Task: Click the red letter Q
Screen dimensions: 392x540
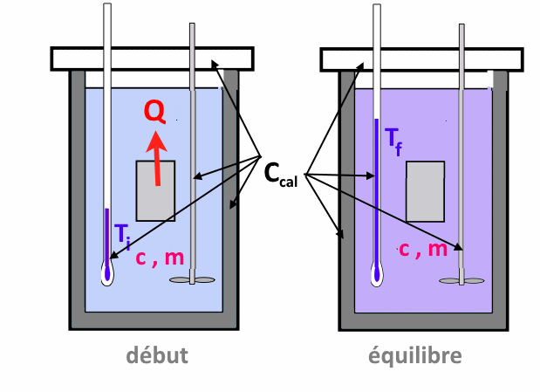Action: [154, 110]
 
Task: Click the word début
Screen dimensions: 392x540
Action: [157, 355]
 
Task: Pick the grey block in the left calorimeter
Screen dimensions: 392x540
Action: [155, 190]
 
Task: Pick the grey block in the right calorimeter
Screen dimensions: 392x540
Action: [425, 191]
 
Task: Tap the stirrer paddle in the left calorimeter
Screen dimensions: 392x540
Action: [191, 280]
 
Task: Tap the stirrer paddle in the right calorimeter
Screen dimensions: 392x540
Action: [461, 280]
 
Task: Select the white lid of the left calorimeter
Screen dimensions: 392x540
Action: [153, 58]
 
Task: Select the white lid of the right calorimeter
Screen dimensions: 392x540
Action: [422, 58]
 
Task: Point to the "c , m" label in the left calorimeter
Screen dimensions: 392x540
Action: [159, 257]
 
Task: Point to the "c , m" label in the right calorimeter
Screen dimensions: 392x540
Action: [425, 250]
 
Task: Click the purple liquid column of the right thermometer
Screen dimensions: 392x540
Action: [377, 192]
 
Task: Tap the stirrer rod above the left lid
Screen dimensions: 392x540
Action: [191, 35]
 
